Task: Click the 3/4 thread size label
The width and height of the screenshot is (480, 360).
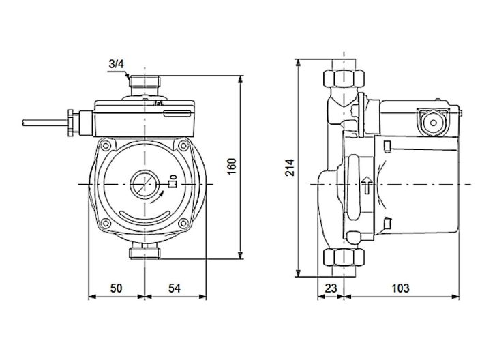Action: click(x=117, y=64)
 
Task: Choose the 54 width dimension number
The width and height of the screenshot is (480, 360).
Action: click(x=175, y=288)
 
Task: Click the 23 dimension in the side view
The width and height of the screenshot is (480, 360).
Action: click(x=331, y=288)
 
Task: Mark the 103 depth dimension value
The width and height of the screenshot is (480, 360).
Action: click(x=401, y=288)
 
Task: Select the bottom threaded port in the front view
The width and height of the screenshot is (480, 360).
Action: click(x=144, y=253)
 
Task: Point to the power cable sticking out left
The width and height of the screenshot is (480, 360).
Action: click(x=40, y=123)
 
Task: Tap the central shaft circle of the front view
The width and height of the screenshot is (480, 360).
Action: click(x=145, y=183)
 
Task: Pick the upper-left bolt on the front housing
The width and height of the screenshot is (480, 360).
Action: click(x=108, y=147)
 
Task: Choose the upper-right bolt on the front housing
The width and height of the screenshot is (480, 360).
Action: click(x=182, y=147)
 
